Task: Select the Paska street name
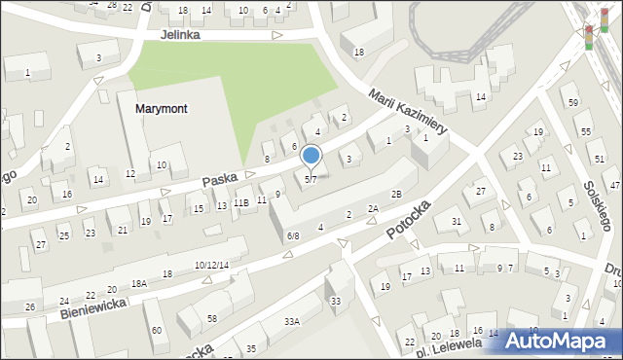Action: click(x=221, y=180)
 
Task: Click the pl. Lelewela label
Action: click(x=449, y=343)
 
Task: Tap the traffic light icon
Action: click(x=588, y=36)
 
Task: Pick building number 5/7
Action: click(x=311, y=179)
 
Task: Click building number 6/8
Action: click(x=293, y=236)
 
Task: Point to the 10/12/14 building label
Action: click(x=211, y=266)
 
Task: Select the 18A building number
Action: click(x=140, y=283)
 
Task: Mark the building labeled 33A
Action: click(x=290, y=320)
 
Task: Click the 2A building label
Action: click(x=373, y=209)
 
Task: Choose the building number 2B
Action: click(x=396, y=195)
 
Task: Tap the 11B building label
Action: click(x=240, y=203)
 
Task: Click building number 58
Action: click(x=211, y=318)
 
